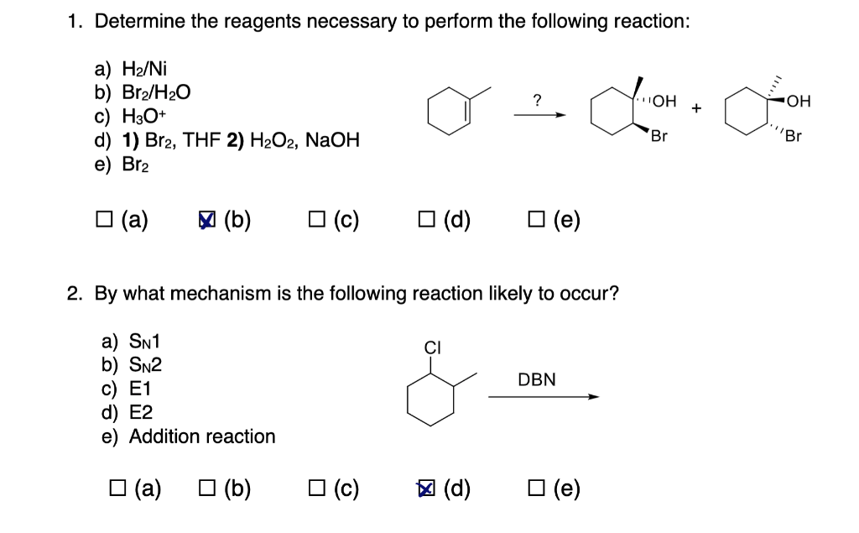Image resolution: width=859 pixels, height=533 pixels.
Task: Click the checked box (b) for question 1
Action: coord(206,220)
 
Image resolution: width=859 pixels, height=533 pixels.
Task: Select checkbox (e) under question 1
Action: coord(536,220)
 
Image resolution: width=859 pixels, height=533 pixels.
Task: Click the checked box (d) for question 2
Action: coord(426,488)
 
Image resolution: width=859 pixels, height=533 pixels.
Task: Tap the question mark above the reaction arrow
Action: coord(536,101)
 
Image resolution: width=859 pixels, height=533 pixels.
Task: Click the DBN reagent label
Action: coord(537,379)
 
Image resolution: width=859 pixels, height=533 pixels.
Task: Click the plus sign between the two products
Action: coord(695,109)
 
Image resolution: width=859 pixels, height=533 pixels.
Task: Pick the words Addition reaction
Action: coord(202,436)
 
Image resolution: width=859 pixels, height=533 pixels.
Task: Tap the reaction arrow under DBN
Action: coord(544,398)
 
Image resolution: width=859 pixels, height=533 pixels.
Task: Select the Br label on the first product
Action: coord(659,135)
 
